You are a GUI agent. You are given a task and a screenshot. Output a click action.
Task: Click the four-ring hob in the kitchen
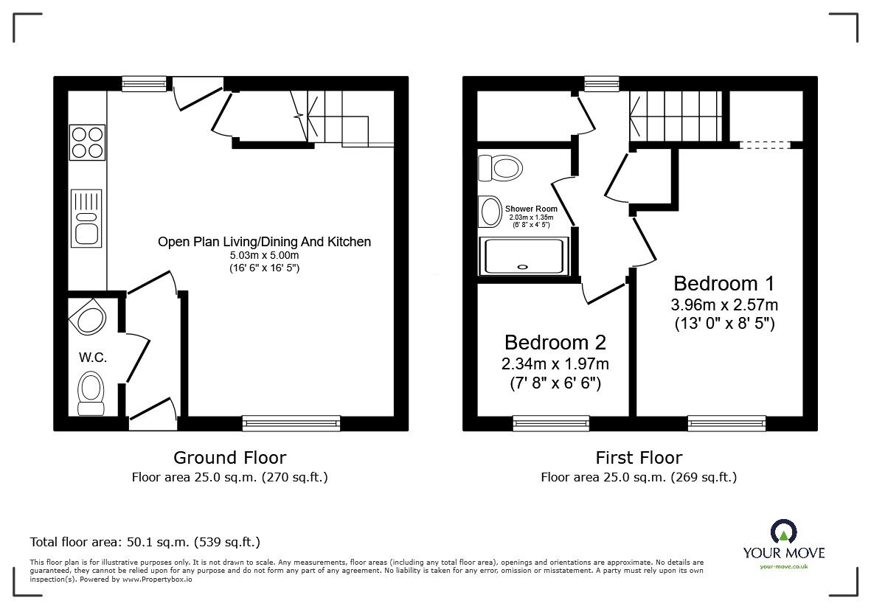coord(87,142)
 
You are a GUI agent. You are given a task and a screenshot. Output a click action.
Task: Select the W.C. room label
coord(94,358)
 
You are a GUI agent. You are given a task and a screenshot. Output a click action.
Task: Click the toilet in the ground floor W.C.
coord(91,391)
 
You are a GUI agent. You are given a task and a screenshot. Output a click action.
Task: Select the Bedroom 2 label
coord(555,342)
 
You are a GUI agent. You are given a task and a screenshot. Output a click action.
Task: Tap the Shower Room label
coord(531,209)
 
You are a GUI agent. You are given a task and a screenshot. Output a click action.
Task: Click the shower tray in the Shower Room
coord(524,255)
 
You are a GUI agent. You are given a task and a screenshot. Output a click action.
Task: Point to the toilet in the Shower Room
coord(502,167)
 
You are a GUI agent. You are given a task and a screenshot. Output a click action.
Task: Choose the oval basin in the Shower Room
coord(490,212)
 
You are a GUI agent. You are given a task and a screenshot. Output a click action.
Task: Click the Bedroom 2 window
coord(551,422)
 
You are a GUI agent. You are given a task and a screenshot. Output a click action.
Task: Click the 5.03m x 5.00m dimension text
coord(263,255)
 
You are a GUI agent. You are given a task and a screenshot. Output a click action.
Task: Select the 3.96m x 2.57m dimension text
coord(724,304)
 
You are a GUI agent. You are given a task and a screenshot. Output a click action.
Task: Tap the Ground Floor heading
coord(229,458)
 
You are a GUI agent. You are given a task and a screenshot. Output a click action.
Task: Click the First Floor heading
coord(639,458)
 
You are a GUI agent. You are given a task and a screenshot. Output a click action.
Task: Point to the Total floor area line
coord(145,542)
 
